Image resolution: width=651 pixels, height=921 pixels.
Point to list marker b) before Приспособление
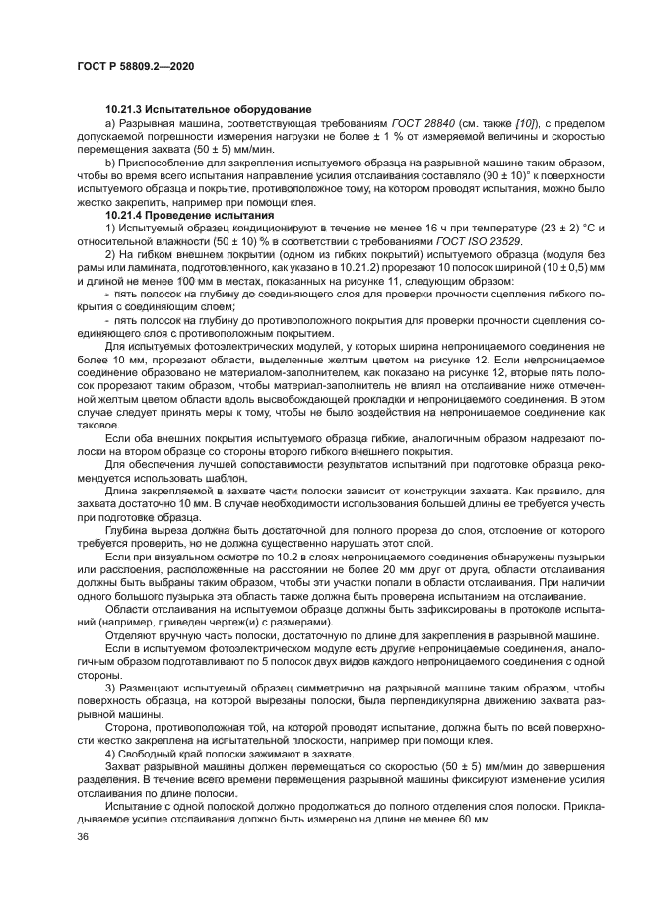tap(110, 160)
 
